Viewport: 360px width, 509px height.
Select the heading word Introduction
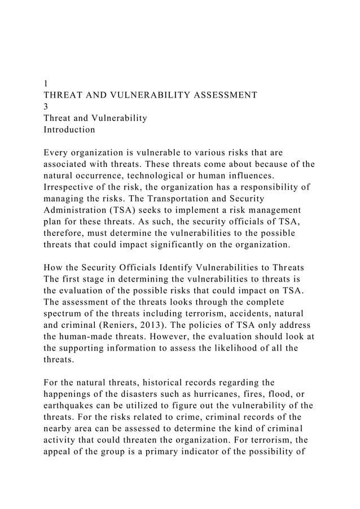click(69, 129)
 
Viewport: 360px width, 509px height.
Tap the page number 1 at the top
click(46, 84)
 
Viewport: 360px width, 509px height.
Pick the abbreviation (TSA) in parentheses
click(117, 210)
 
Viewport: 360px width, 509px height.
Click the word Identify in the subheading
click(165, 269)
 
